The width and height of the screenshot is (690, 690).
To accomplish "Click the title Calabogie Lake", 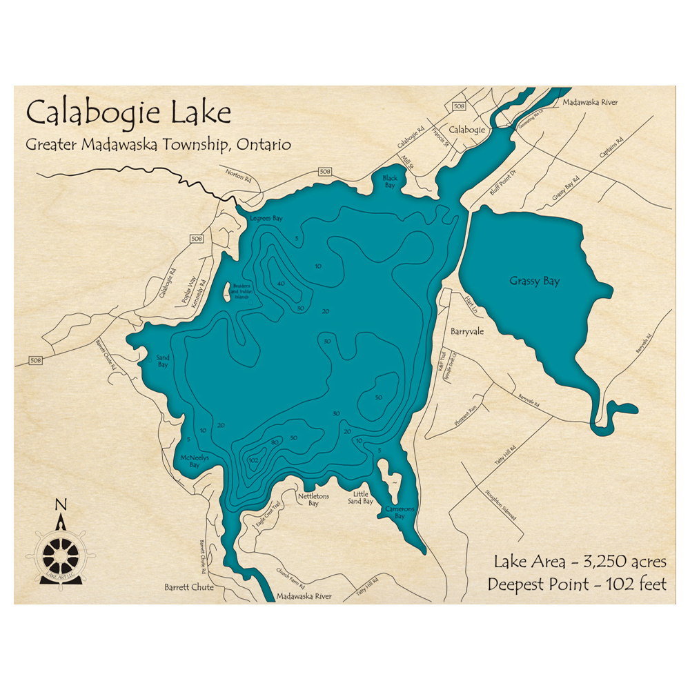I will point(128,112).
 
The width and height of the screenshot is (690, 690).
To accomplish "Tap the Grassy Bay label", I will point(535,281).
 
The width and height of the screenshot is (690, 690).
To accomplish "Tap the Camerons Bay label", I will point(400,513).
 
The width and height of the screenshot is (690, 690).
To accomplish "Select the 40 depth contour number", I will point(281,284).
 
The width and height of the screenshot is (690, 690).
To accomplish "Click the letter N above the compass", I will point(61,504).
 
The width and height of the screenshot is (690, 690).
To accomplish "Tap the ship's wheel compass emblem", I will point(61,553).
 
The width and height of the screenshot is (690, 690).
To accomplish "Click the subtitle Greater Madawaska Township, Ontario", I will point(158,145).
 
